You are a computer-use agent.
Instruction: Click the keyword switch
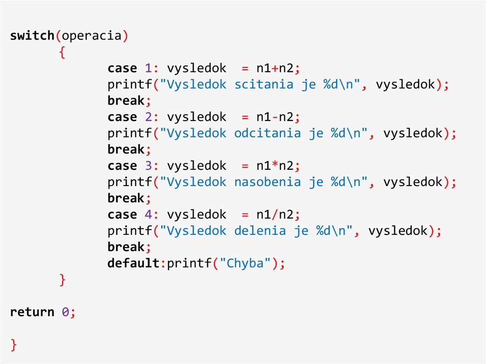(32, 36)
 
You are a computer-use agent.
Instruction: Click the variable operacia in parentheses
(92, 36)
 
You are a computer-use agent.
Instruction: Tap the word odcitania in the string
(267, 133)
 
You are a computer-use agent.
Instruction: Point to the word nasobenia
(267, 182)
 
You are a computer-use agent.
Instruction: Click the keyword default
(133, 263)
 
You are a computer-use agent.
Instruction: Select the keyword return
(32, 312)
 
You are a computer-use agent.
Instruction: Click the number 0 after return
(65, 312)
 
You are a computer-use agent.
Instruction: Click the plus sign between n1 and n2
(275, 69)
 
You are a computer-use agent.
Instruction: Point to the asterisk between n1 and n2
(275, 166)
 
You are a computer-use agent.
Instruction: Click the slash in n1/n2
(275, 215)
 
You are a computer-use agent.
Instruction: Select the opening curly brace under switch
(62, 53)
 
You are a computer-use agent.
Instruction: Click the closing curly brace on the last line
(14, 345)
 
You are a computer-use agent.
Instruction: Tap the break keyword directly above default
(126, 247)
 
